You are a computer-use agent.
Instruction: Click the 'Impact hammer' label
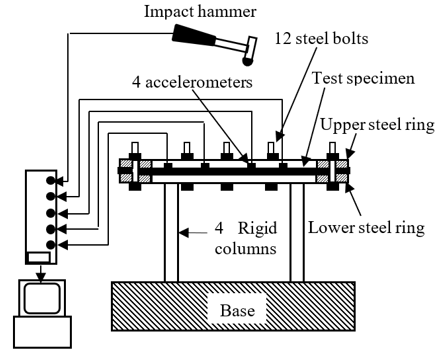[200, 12]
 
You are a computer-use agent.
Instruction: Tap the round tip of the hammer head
[247, 61]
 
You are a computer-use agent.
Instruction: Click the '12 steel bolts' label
[322, 38]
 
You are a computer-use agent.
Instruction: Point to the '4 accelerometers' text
[192, 82]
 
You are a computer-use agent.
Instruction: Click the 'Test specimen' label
[364, 79]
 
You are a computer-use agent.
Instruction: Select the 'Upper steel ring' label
[378, 125]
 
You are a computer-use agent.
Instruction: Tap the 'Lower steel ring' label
[366, 228]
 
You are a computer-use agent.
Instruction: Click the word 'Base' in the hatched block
[237, 310]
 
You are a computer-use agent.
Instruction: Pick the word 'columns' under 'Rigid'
[246, 249]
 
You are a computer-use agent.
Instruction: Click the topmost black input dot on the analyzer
[50, 180]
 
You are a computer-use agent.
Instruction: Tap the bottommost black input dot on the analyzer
[50, 245]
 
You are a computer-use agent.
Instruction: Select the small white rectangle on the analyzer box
[39, 257]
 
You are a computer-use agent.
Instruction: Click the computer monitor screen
[42, 298]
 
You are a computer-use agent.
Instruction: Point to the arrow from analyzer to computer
[41, 273]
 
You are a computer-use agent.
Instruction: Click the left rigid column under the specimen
[171, 232]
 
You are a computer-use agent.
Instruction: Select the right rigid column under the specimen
[297, 232]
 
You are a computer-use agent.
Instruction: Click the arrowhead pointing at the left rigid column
[184, 232]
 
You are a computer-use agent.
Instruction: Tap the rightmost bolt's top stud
[332, 147]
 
